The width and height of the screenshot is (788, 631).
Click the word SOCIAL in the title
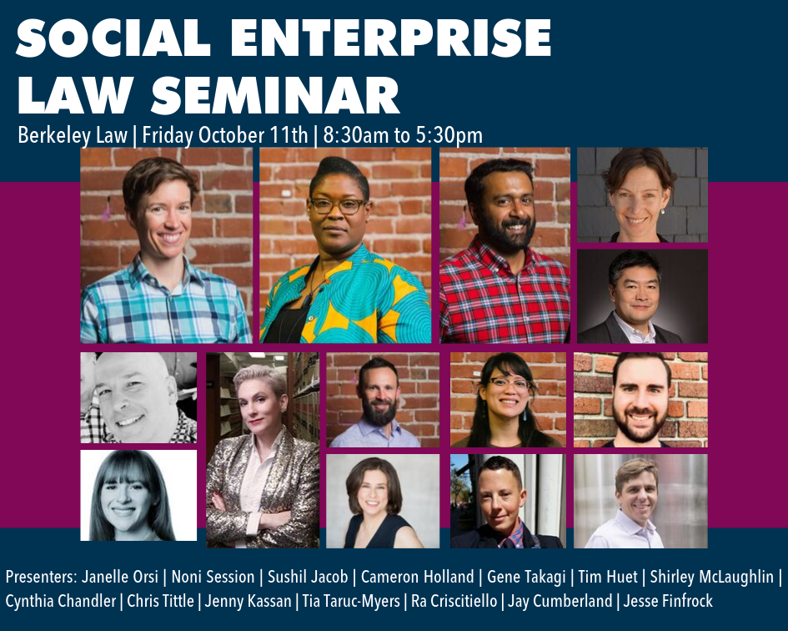click(x=113, y=38)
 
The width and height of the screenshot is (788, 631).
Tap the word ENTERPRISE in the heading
click(x=391, y=38)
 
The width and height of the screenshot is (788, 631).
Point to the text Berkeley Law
click(x=73, y=135)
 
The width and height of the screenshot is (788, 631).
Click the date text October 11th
click(x=253, y=135)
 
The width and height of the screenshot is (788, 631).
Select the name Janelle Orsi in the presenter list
click(x=119, y=577)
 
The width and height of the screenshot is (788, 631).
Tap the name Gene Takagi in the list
click(x=526, y=577)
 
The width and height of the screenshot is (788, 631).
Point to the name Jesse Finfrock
click(x=668, y=601)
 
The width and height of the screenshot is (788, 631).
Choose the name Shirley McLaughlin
click(x=711, y=577)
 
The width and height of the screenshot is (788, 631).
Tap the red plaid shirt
click(x=504, y=297)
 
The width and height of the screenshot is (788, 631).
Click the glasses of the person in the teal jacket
click(x=338, y=206)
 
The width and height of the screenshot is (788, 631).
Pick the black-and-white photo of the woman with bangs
click(x=138, y=495)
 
